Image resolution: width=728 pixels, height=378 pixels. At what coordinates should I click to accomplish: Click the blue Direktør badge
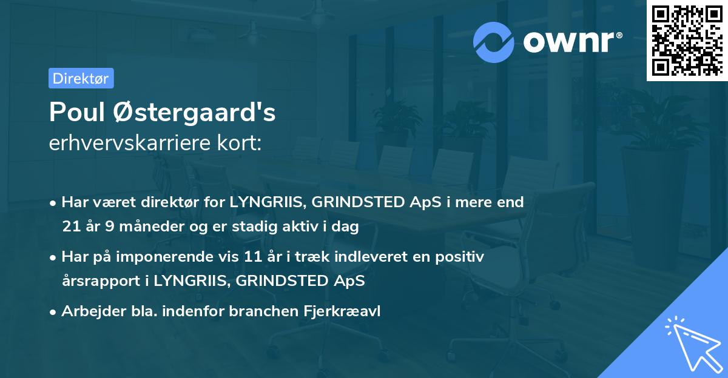[81, 78]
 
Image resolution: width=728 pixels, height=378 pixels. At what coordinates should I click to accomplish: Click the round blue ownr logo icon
[494, 42]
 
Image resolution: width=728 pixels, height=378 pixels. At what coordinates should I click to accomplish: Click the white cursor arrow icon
[692, 343]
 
